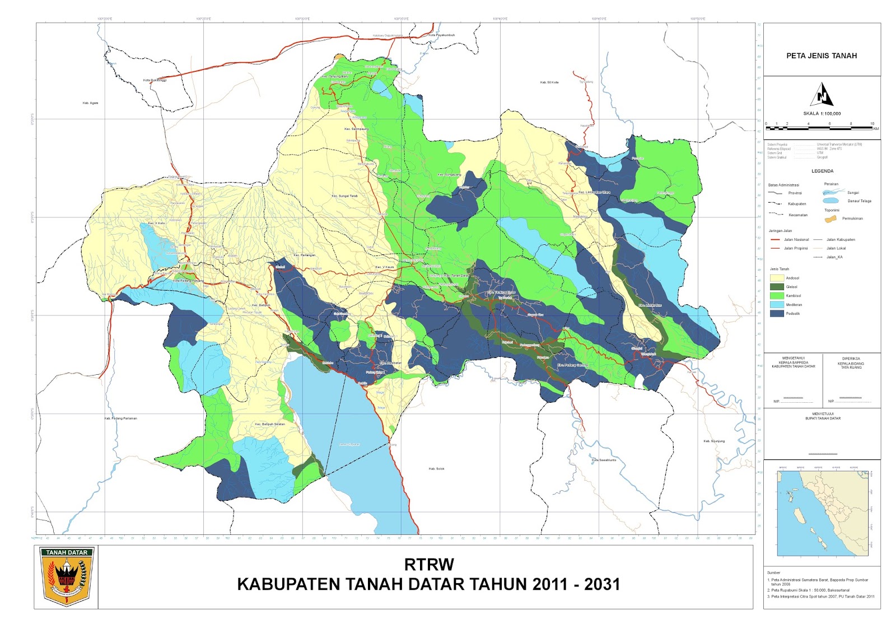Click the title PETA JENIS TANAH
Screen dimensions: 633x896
[821, 55]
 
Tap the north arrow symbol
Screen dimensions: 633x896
[822, 95]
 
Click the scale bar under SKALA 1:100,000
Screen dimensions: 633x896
[819, 128]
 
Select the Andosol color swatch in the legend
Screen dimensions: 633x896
[777, 278]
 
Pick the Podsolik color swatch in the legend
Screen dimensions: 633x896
[777, 314]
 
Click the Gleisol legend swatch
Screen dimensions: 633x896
[777, 287]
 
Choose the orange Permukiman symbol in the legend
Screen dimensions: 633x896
[830, 218]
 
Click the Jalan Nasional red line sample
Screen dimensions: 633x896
[775, 240]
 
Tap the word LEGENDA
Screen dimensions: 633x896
[822, 171]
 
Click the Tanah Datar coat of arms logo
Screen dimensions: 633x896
[67, 577]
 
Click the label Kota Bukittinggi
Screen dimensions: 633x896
[155, 80]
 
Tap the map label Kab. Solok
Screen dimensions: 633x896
[436, 469]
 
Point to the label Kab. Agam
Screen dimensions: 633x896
[90, 103]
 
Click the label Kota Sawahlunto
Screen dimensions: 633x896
[604, 460]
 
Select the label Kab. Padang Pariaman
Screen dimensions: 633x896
[120, 418]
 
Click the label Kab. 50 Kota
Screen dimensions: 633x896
[549, 82]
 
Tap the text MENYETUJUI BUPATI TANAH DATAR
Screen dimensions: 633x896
[823, 416]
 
